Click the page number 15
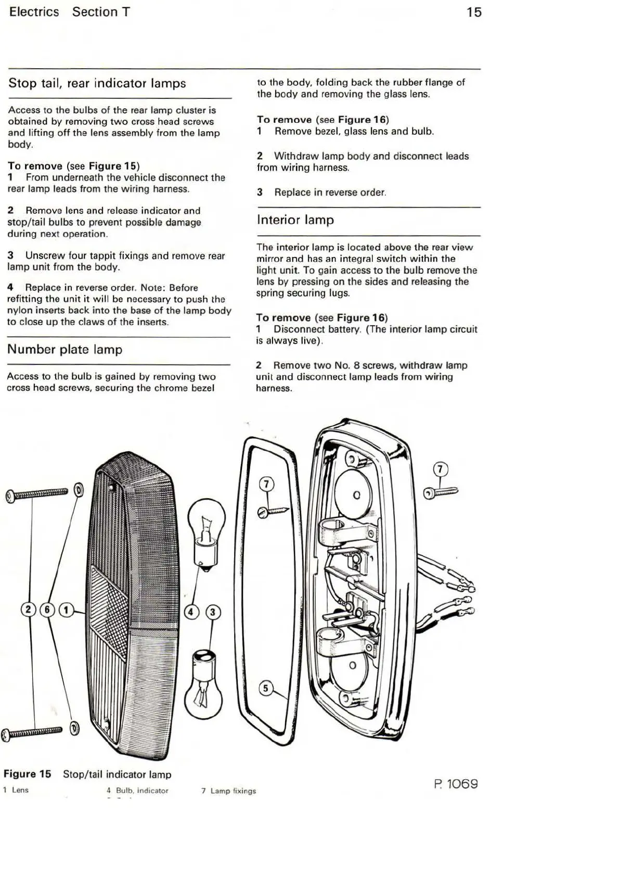coord(474,12)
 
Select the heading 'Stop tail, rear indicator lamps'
coord(97,83)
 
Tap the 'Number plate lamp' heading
coord(65,349)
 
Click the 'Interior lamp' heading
coord(295,220)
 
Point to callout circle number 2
coord(28,609)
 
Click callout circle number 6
coord(47,609)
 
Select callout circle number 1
coord(67,609)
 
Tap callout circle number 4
coord(191,612)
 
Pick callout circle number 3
coord(213,612)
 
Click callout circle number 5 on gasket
coord(266,689)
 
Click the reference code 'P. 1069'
coord(456,784)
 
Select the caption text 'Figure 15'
coord(28,774)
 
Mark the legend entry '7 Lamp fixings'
coord(229,791)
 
